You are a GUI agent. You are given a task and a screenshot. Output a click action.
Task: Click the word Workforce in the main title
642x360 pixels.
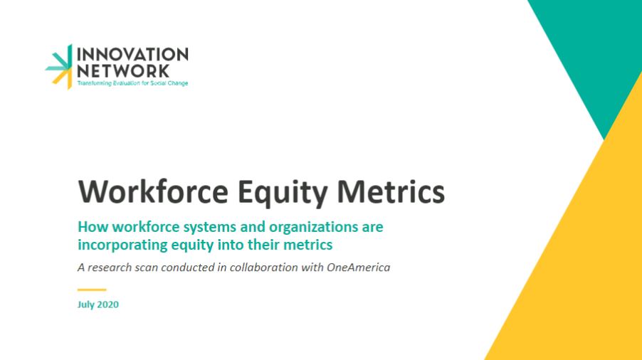click(x=153, y=191)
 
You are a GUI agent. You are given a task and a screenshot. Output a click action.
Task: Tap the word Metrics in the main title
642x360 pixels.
click(x=391, y=191)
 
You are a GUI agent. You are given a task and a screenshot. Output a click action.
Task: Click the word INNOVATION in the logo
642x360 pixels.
click(x=132, y=54)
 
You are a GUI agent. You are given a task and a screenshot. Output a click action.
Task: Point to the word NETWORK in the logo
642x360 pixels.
click(x=123, y=70)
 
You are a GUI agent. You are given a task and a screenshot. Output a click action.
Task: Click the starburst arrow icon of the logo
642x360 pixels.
click(x=59, y=66)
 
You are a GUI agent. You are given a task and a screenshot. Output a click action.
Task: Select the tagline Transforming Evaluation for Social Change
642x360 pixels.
click(x=132, y=83)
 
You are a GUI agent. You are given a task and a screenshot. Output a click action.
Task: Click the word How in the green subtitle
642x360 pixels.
click(x=93, y=227)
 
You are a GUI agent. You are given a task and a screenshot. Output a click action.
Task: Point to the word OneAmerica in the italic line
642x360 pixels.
click(x=358, y=268)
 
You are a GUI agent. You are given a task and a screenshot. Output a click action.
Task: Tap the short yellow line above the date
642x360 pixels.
click(x=92, y=290)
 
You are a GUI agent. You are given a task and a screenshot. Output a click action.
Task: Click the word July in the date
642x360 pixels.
click(x=85, y=305)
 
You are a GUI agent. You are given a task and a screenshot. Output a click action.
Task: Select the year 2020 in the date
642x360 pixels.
click(x=107, y=305)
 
